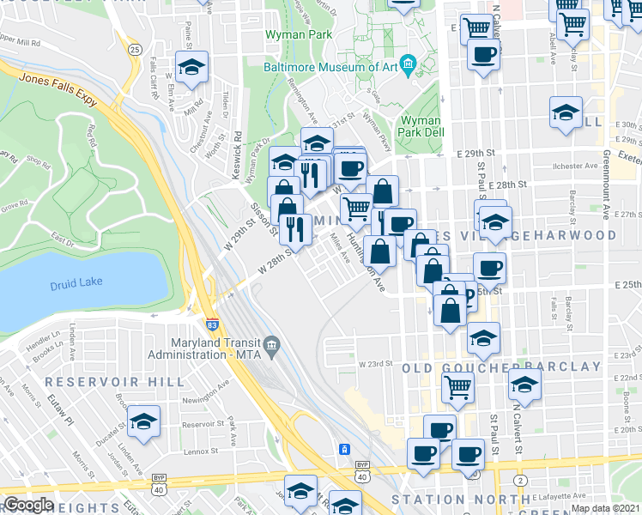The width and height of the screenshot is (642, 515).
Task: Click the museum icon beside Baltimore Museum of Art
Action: tap(408, 61)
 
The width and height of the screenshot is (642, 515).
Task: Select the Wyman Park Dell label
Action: tap(421, 128)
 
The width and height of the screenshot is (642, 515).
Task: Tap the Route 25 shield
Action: tap(136, 50)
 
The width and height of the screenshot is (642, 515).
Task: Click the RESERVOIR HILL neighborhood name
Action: tap(114, 381)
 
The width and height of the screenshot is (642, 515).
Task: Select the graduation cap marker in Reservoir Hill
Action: tap(144, 421)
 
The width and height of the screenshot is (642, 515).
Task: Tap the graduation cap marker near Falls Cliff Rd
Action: tap(191, 66)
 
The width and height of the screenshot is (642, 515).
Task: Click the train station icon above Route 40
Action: tap(343, 449)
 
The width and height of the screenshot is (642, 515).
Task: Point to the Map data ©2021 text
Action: tap(606, 508)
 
